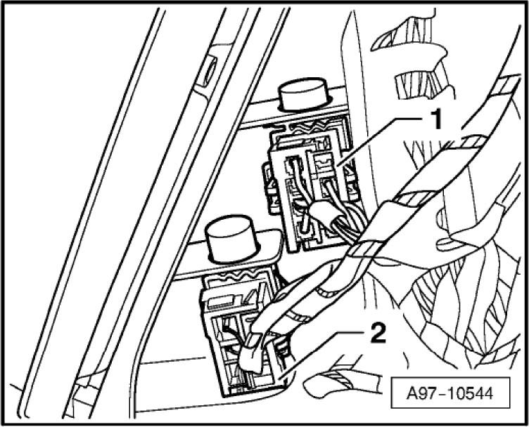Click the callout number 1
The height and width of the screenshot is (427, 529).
(x=437, y=120)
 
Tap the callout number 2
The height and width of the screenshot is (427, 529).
(x=378, y=333)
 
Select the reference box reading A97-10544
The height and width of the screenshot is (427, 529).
(x=450, y=393)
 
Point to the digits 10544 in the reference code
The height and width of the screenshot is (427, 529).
(x=471, y=393)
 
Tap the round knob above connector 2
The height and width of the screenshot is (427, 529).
(x=231, y=238)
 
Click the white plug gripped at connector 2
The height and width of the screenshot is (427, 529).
(x=251, y=353)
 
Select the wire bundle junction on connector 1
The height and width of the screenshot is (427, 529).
(x=322, y=213)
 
